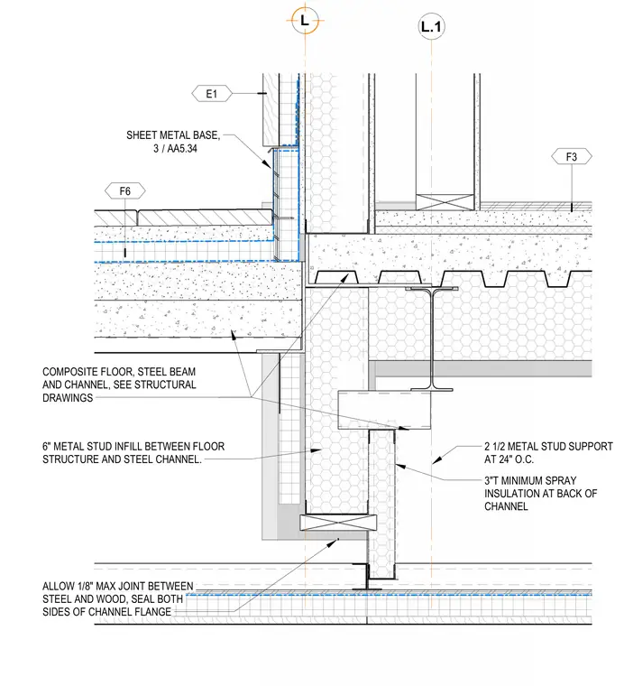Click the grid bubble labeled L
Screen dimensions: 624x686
tap(305, 20)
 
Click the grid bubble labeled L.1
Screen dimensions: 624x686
tap(431, 27)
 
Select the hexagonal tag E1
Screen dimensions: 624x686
tap(212, 94)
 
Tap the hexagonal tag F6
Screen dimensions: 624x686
tap(125, 191)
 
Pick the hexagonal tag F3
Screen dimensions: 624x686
tap(572, 157)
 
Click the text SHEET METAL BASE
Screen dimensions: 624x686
tap(173, 135)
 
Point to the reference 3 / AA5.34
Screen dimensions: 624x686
tap(175, 149)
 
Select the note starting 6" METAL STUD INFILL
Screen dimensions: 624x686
tap(133, 453)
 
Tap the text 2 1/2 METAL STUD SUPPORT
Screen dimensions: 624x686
tap(548, 446)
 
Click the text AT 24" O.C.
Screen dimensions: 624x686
tap(509, 459)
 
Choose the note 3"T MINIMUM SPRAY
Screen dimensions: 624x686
tap(530, 480)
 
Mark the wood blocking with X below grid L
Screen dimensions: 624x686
tap(338, 523)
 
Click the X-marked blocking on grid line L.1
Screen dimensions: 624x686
tap(445, 202)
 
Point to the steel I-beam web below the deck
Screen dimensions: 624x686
tap(432, 338)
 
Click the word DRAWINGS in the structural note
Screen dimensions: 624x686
tap(68, 398)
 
